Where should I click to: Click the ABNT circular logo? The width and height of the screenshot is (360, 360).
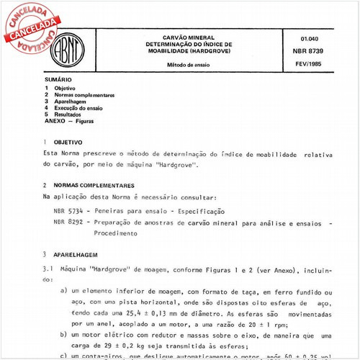pos(74,48)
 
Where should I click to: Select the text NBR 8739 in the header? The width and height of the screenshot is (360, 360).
pos(304,51)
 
